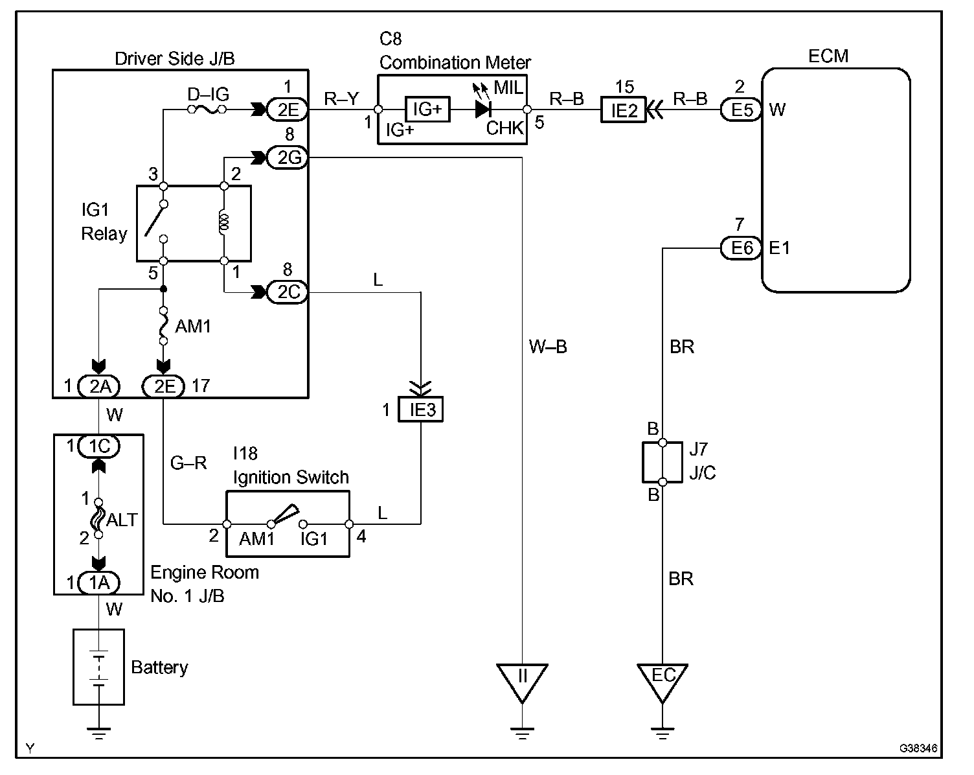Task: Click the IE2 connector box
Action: [624, 110]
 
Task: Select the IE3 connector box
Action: [420, 410]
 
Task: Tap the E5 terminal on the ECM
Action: [741, 110]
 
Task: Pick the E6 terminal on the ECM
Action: [741, 248]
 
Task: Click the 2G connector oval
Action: [288, 157]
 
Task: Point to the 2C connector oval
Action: [288, 292]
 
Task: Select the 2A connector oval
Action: [99, 386]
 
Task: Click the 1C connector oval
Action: [99, 446]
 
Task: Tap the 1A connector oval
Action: [99, 583]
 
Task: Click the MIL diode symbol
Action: [483, 109]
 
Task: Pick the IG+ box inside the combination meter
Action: [427, 109]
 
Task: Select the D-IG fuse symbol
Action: [207, 109]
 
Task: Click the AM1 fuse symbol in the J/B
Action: [163, 326]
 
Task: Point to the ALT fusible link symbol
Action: [98, 518]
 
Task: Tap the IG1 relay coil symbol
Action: [223, 222]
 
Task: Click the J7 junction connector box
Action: [663, 463]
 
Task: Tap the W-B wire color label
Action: [548, 347]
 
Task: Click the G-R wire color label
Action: [188, 463]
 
